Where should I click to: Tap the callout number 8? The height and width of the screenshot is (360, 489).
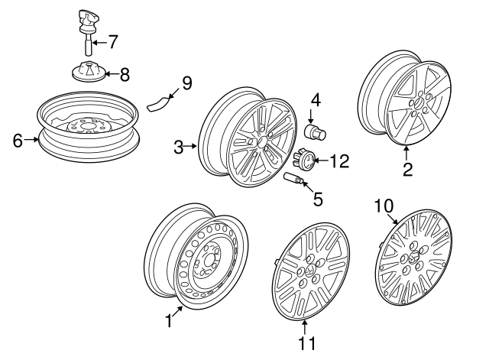tap(125, 74)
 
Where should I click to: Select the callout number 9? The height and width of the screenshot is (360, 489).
tap(186, 83)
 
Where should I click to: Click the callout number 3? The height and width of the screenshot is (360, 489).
tap(179, 146)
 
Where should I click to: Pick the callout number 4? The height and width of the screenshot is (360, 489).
tap(314, 99)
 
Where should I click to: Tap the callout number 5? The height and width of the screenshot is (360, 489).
tap(318, 198)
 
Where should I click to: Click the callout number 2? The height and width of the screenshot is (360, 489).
tap(407, 168)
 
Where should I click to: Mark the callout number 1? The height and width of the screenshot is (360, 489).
tap(168, 322)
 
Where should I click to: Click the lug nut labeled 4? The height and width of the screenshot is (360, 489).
tap(313, 131)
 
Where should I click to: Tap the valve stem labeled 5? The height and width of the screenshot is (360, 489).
tap(293, 179)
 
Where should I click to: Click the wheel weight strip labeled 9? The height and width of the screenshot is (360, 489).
tap(157, 104)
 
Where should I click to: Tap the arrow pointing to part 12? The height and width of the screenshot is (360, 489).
tap(322, 161)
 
